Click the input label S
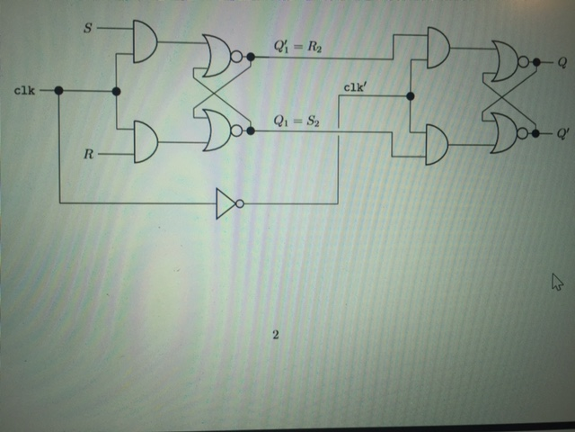(88, 28)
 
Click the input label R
(88, 154)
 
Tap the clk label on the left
(25, 91)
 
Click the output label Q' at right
(563, 133)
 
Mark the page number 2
(275, 335)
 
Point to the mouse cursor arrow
(556, 283)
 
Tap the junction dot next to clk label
(58, 91)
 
